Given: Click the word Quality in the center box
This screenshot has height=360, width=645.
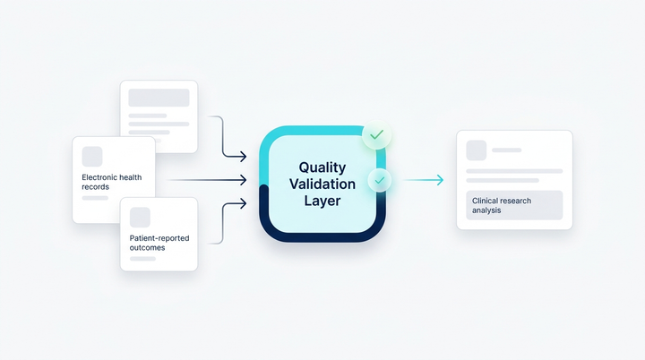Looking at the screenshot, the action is pyautogui.click(x=322, y=167).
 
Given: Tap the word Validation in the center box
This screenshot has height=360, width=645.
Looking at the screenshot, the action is pyautogui.click(x=322, y=184).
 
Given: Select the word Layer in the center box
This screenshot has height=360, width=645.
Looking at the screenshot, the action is pyautogui.click(x=322, y=201).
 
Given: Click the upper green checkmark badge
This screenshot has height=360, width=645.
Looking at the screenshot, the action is pyautogui.click(x=376, y=134).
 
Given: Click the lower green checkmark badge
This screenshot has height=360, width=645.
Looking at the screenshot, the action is pyautogui.click(x=380, y=180).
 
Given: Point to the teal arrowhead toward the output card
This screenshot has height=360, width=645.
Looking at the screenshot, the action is pyautogui.click(x=440, y=180).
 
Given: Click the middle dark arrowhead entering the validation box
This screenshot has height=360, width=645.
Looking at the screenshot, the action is pyautogui.click(x=243, y=180).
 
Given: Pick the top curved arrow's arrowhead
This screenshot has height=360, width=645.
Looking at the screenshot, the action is pyautogui.click(x=243, y=157).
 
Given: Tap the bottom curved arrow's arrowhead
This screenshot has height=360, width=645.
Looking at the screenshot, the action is pyautogui.click(x=243, y=203).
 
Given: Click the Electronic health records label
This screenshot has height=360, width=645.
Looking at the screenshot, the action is pyautogui.click(x=111, y=182).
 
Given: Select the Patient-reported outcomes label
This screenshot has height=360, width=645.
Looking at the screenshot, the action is pyautogui.click(x=159, y=243).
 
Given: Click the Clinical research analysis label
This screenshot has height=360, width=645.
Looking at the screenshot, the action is pyautogui.click(x=502, y=205).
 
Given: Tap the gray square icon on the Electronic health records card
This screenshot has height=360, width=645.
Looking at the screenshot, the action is pyautogui.click(x=92, y=157).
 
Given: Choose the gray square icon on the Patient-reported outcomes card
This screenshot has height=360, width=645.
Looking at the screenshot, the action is pyautogui.click(x=140, y=218).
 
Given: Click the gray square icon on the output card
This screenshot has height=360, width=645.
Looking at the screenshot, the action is pyautogui.click(x=477, y=150).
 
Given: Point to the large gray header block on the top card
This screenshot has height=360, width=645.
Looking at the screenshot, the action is pyautogui.click(x=159, y=98).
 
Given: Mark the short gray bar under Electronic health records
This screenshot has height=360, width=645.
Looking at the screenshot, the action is pyautogui.click(x=95, y=198).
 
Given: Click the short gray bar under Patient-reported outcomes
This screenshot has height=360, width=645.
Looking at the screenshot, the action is pyautogui.click(x=142, y=259).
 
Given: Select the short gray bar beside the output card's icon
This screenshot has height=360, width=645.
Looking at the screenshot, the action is pyautogui.click(x=507, y=150).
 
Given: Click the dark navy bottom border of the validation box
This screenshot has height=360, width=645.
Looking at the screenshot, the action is pyautogui.click(x=322, y=238).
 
